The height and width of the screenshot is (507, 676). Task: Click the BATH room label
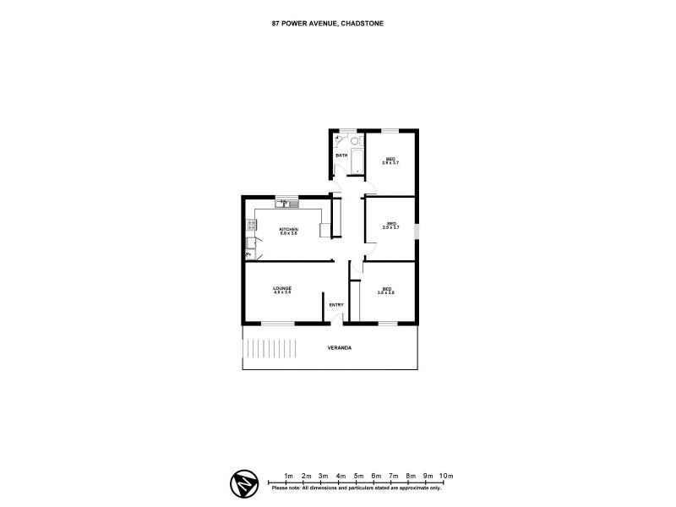(x=341, y=155)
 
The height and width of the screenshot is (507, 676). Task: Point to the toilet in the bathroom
(x=356, y=140)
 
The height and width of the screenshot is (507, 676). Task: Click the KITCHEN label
(x=289, y=229)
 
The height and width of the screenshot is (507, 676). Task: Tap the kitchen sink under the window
(x=281, y=204)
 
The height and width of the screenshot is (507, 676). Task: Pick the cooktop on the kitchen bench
(x=251, y=226)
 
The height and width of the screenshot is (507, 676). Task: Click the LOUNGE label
(x=282, y=288)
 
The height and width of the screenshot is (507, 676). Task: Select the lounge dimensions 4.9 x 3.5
(x=282, y=293)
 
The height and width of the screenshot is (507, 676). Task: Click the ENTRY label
(x=336, y=305)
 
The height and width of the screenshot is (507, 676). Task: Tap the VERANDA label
(x=340, y=348)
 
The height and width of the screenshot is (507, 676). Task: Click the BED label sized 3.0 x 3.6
(x=387, y=289)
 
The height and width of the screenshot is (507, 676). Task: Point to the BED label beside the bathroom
(x=391, y=159)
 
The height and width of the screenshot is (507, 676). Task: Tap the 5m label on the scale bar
(x=358, y=475)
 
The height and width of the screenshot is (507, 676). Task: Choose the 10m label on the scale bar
(x=447, y=475)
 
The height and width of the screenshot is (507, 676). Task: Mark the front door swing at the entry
(x=336, y=319)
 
